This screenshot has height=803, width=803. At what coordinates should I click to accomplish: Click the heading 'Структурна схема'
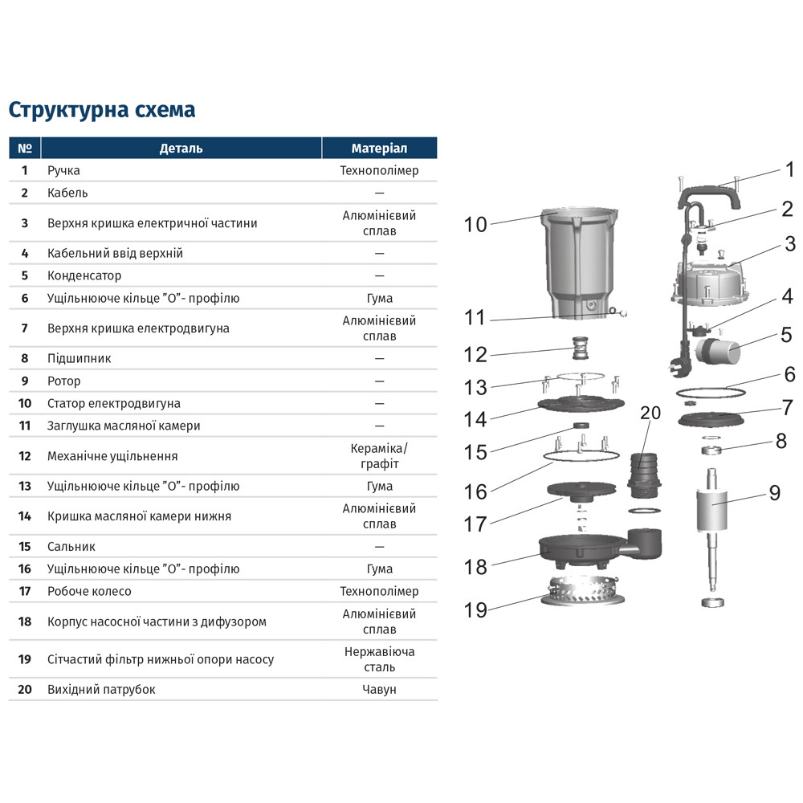(102, 110)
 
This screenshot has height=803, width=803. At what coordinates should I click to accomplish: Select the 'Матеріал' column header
(379, 149)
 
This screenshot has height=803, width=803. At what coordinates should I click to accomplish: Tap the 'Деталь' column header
(181, 149)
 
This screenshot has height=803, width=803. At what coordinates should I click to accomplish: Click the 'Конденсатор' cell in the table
(84, 275)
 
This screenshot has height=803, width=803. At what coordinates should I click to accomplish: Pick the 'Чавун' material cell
(379, 689)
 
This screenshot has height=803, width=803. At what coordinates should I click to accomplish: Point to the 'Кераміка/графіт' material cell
(379, 456)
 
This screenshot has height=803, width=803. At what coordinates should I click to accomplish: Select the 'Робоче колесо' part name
(89, 591)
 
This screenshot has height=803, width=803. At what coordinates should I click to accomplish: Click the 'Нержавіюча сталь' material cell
(379, 659)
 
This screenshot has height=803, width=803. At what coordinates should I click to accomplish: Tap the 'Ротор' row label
(64, 381)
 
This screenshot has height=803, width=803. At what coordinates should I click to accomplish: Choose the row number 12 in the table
(25, 456)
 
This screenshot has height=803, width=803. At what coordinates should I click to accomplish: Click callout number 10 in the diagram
(475, 224)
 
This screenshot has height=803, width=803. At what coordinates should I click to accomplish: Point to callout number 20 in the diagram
(650, 413)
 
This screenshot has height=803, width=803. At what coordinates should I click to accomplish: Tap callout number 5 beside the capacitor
(787, 335)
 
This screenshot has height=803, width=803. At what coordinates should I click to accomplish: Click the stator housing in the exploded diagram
(580, 263)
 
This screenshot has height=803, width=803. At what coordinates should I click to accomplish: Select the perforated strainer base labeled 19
(583, 590)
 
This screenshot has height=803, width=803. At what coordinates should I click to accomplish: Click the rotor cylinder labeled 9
(711, 510)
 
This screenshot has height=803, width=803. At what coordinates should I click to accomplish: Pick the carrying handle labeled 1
(709, 197)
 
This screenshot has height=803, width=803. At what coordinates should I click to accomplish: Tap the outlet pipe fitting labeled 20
(644, 475)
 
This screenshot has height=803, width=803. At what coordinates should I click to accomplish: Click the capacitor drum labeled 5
(717, 350)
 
